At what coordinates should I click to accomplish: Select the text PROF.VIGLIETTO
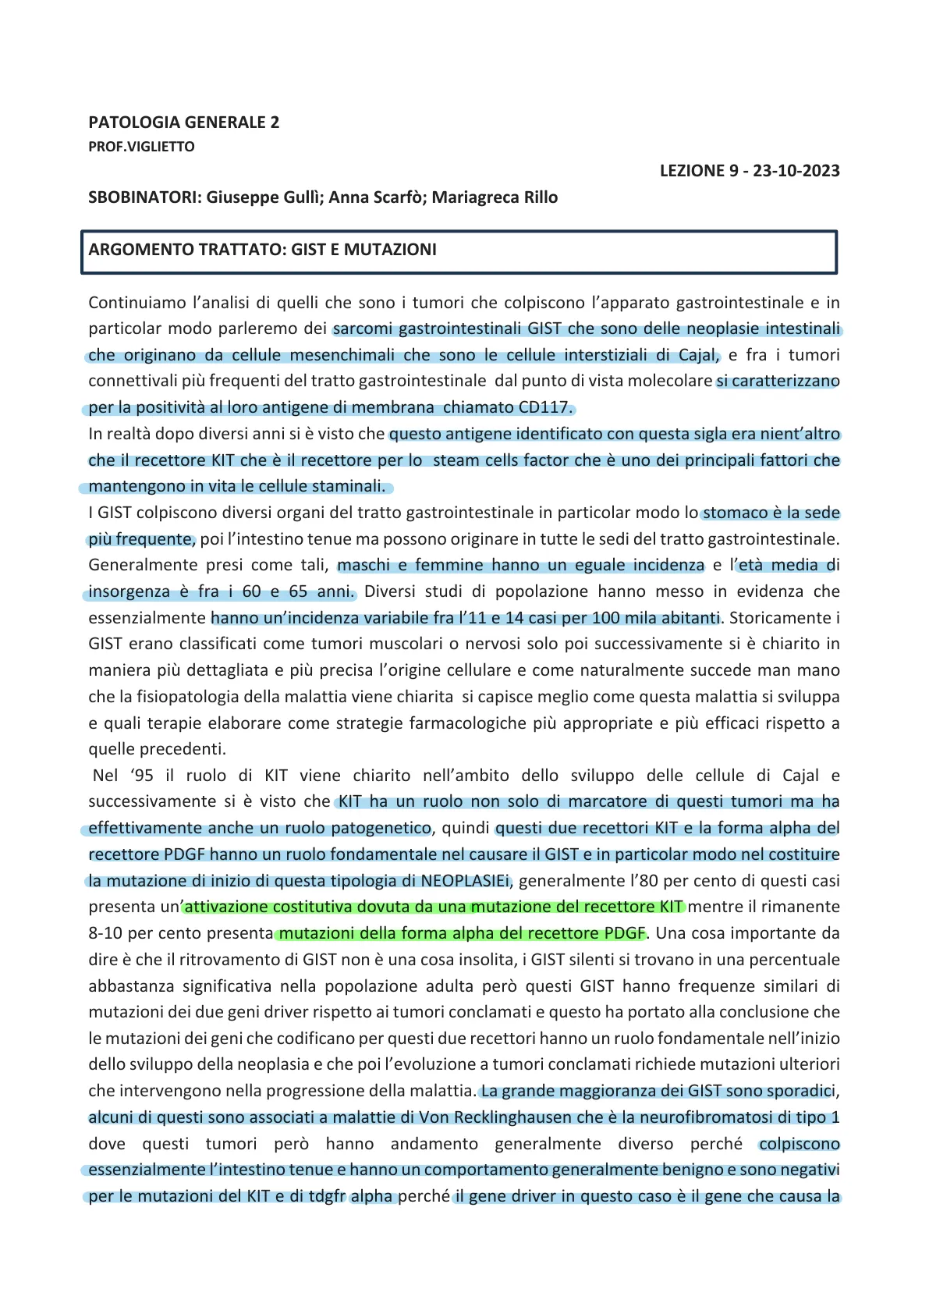(x=141, y=147)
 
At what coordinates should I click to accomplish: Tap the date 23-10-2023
(x=796, y=171)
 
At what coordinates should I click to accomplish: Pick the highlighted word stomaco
(x=736, y=513)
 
